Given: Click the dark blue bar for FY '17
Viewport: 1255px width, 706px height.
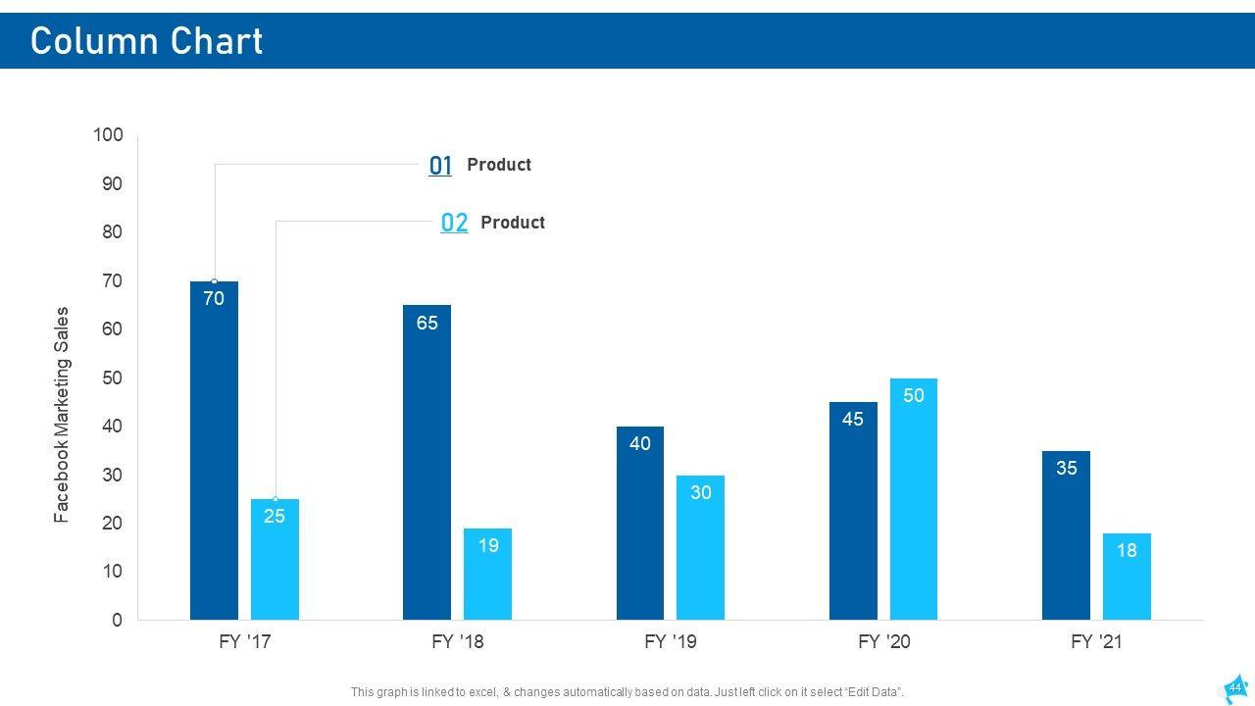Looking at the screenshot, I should pos(214,451).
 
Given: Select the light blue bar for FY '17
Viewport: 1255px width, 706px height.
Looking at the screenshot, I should pos(275,559).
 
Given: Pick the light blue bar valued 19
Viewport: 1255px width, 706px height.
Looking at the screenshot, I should pos(487,575).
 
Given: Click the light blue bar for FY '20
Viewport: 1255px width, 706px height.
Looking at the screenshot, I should pos(914,499).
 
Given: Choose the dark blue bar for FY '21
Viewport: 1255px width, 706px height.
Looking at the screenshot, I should pos(1066,535).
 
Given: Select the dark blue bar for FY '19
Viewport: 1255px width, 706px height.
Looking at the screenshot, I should pos(640,524).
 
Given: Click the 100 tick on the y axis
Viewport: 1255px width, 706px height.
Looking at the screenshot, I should pos(109,135).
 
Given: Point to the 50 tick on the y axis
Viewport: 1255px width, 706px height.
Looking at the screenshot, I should pos(114,378).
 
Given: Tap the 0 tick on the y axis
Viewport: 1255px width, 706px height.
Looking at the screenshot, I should pos(118,620).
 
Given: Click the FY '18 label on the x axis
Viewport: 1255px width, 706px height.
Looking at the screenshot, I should pos(458,642).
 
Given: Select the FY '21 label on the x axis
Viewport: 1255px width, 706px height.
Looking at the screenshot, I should pos(1096,642).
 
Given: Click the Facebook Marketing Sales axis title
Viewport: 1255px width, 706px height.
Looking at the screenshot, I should pos(62,414).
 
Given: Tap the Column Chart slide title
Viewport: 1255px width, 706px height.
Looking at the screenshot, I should pos(147,41).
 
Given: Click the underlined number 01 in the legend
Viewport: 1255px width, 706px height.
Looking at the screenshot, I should pos(440,166).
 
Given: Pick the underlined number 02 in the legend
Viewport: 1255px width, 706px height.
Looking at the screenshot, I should pos(454,223).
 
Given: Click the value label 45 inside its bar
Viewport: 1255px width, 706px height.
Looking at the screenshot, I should pos(853,419).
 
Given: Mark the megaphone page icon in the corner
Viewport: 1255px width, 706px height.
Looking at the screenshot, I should pos(1233,687).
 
